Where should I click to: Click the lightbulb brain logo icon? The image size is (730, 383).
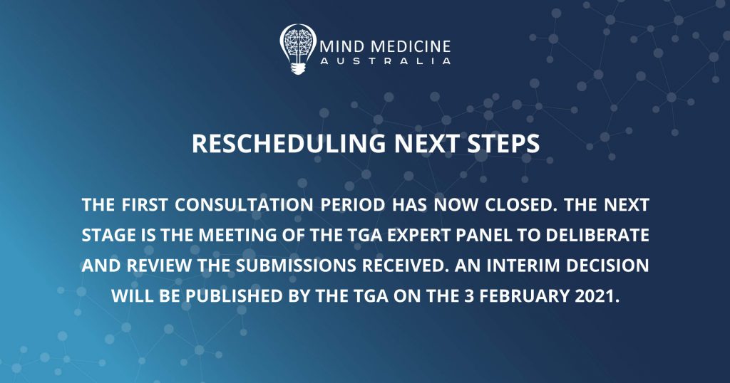(x=298, y=49)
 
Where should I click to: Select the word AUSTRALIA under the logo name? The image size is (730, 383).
(x=386, y=61)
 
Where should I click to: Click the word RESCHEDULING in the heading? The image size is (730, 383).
(x=289, y=144)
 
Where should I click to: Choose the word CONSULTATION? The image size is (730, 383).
(x=244, y=205)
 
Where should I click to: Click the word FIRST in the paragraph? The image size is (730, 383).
(x=145, y=205)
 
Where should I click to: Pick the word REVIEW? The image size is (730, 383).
(x=159, y=266)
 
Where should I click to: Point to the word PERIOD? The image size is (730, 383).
(x=352, y=205)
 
